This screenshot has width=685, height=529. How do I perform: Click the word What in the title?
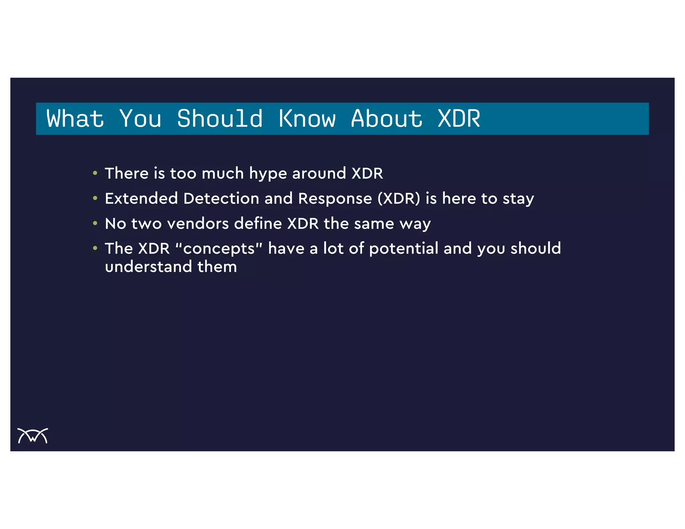tap(75, 119)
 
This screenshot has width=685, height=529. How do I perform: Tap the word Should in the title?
tap(220, 119)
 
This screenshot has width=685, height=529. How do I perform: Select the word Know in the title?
tap(307, 119)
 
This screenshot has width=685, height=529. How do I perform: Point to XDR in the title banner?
tap(459, 119)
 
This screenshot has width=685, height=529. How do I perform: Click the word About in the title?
tap(387, 119)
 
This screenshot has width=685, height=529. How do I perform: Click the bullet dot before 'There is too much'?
tap(95, 173)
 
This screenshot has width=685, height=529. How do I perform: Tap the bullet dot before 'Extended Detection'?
tap(95, 198)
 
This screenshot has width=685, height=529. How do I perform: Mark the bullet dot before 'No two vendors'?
tap(95, 223)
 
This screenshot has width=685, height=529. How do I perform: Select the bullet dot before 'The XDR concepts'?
tap(95, 248)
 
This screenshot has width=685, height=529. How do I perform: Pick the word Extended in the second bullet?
tap(141, 198)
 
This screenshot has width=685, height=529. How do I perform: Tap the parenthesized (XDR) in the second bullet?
tap(399, 198)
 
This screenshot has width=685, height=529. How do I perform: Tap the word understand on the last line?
tap(148, 267)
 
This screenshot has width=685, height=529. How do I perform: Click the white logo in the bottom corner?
tap(33, 436)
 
